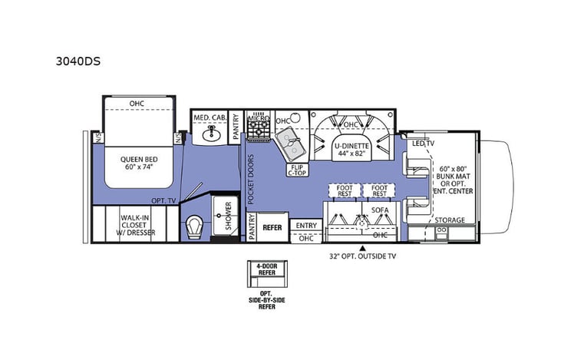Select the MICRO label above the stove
point(259,119)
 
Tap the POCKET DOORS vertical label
point(250,179)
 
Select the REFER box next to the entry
point(272,227)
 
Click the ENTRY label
point(305,225)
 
